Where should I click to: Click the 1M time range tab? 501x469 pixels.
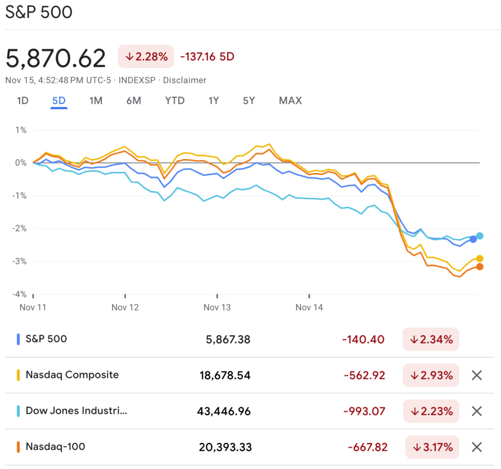pyautogui.click(x=95, y=101)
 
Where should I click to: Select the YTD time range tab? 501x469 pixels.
pyautogui.click(x=175, y=101)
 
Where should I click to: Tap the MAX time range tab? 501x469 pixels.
pyautogui.click(x=290, y=101)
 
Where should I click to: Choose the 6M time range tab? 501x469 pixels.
pyautogui.click(x=134, y=101)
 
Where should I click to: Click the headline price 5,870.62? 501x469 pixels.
pyautogui.click(x=56, y=59)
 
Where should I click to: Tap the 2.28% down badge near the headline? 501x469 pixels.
pyautogui.click(x=146, y=56)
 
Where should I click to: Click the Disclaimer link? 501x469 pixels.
pyautogui.click(x=184, y=80)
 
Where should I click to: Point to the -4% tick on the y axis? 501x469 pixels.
pyautogui.click(x=19, y=294)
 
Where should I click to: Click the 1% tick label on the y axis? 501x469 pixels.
pyautogui.click(x=21, y=130)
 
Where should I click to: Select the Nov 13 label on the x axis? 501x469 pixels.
pyautogui.click(x=217, y=307)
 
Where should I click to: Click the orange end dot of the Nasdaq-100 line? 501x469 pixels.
pyautogui.click(x=479, y=266)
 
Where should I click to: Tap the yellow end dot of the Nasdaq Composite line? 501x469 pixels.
pyautogui.click(x=479, y=258)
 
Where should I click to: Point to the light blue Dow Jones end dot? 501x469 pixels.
pyautogui.click(x=479, y=236)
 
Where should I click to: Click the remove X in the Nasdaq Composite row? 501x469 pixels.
pyautogui.click(x=477, y=375)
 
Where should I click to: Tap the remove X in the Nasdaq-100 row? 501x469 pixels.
pyautogui.click(x=477, y=447)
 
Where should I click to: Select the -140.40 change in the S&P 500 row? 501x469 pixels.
pyautogui.click(x=364, y=339)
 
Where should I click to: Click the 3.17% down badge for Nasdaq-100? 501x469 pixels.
pyautogui.click(x=432, y=447)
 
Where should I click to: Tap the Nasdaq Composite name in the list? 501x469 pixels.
pyautogui.click(x=72, y=375)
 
